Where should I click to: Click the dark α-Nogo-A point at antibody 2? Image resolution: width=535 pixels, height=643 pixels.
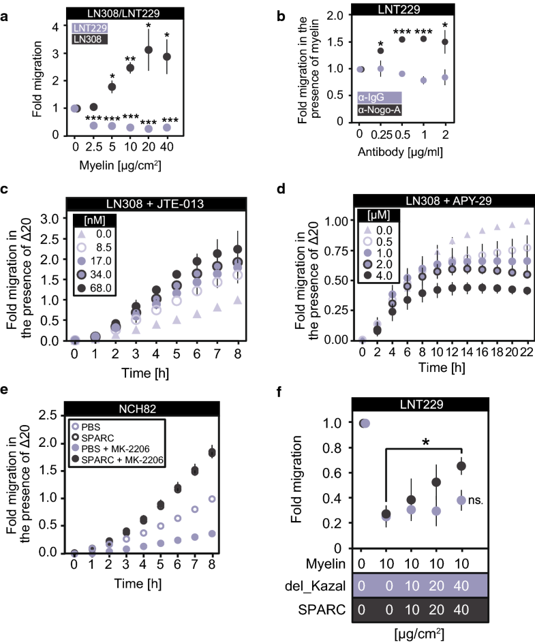(464, 42)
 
